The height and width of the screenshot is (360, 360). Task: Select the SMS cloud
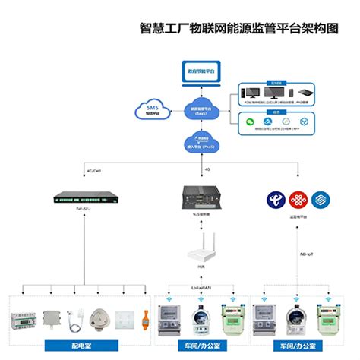(x=153, y=111)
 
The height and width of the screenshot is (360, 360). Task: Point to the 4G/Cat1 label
(x=96, y=172)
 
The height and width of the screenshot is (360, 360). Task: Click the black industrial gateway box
(x=201, y=198)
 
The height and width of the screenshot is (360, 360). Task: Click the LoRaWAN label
(x=201, y=287)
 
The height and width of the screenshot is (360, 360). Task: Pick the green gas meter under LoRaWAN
(x=230, y=318)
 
